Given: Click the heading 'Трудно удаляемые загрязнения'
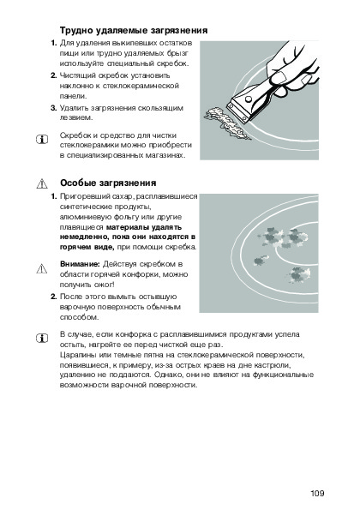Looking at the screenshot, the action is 134,31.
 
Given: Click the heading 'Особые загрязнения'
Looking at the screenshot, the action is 108,183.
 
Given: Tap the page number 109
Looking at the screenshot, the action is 317,494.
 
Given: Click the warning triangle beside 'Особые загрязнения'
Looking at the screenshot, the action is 42,183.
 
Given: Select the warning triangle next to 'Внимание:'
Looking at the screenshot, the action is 42,268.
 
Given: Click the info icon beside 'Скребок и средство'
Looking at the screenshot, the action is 42,140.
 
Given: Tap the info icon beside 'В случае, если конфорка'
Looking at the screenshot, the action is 42,339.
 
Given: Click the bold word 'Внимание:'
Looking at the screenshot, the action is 80,264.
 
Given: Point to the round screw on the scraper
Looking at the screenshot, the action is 248,99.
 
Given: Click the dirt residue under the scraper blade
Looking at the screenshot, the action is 226,123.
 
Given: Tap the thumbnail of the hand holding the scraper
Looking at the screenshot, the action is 259,100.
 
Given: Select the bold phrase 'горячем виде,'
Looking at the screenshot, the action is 87,247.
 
